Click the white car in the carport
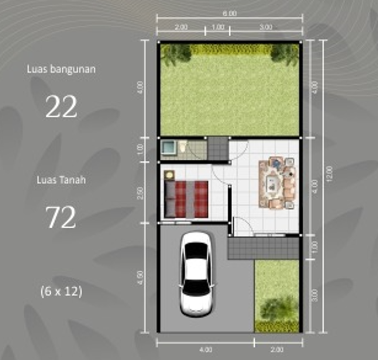[x=196, y=274]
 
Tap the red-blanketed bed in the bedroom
[x=186, y=199]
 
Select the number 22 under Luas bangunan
[x=61, y=107]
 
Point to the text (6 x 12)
[x=61, y=291]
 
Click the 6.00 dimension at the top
[x=229, y=14]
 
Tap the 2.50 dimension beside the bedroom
[x=140, y=193]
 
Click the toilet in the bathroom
[x=183, y=147]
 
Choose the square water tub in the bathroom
[x=168, y=147]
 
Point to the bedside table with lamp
[x=169, y=175]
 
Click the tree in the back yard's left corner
[x=176, y=54]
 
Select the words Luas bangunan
[x=61, y=69]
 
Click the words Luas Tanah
[x=61, y=180]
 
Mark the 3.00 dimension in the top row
[x=266, y=27]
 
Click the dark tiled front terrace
[x=263, y=248]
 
